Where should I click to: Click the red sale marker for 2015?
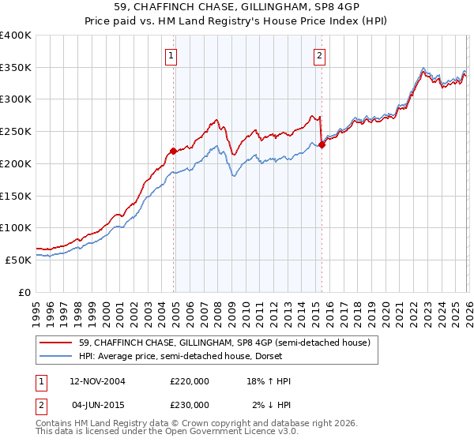coord(322,144)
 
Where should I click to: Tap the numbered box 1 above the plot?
coord(171,55)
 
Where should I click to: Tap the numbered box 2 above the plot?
coord(319,55)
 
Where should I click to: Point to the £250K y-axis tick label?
coord(15,132)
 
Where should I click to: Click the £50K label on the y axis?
coord(18,260)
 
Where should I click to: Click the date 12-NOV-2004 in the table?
coord(97,381)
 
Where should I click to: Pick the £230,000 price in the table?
coord(189,404)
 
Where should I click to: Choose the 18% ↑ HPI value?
coord(268,381)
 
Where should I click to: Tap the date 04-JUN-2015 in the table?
coord(97,404)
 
